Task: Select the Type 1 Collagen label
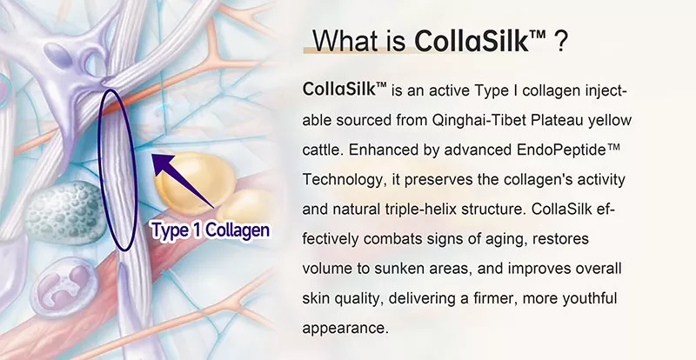[x=210, y=230]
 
